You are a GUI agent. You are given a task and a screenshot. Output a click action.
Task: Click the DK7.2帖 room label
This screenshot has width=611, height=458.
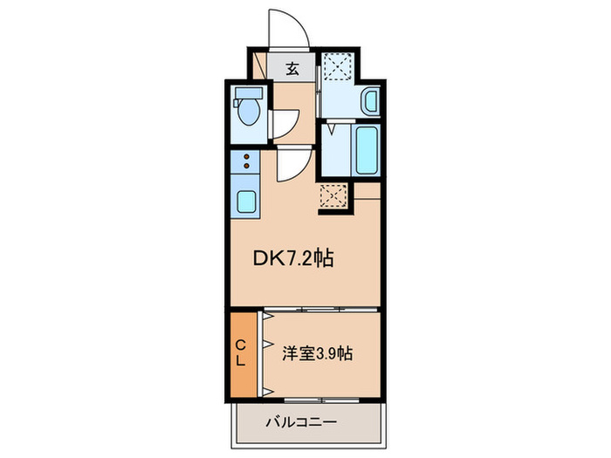point(293,258)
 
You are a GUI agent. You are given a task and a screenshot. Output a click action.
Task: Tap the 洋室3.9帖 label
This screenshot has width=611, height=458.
point(317,353)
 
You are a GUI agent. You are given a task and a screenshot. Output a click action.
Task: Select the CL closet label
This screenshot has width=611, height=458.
point(241,352)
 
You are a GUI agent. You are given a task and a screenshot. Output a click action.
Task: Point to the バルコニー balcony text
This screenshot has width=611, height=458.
point(301,422)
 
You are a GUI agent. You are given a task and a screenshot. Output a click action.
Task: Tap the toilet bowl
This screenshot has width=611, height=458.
point(249,112)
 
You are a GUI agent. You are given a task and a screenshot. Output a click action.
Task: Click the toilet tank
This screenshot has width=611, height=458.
point(249,93)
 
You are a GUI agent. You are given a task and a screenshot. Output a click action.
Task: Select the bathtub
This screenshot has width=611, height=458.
point(367,149)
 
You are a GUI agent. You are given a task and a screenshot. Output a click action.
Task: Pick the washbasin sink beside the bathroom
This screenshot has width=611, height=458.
point(370,100)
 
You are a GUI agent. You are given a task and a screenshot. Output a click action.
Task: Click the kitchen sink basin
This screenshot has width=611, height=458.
point(246,202)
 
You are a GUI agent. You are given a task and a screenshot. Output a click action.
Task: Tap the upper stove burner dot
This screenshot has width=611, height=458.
point(246,157)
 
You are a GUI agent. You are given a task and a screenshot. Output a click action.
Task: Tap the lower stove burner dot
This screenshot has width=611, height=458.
point(246,166)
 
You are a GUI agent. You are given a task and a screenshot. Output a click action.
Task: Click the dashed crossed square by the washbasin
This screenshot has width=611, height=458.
point(339,66)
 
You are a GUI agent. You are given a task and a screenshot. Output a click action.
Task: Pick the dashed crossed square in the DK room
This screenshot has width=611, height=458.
point(333,196)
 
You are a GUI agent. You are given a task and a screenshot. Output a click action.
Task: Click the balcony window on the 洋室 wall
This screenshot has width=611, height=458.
point(321,400)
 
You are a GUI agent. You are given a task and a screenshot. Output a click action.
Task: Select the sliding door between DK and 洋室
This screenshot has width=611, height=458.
point(320,310)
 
